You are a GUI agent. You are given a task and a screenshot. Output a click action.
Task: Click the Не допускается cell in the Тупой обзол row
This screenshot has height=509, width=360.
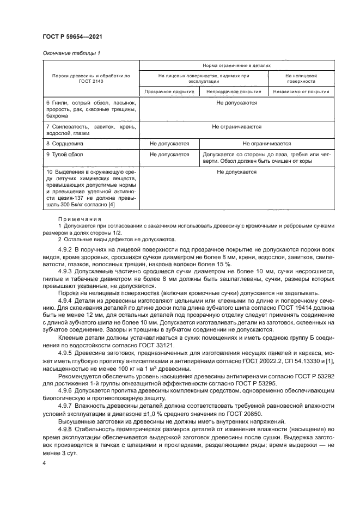[x=169, y=155]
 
